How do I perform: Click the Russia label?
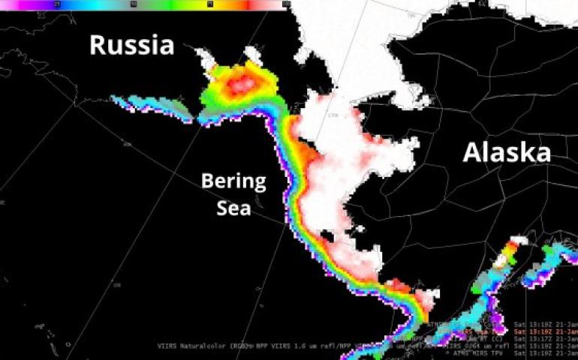132,45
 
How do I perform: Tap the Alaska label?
507,153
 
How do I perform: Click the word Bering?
233,181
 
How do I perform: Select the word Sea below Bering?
233,208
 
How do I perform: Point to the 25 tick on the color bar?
59,4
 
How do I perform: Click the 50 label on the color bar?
134,4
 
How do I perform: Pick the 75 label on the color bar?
210,4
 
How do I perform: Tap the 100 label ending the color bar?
286,4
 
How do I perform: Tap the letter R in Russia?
98,45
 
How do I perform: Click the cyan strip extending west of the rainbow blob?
150,105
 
